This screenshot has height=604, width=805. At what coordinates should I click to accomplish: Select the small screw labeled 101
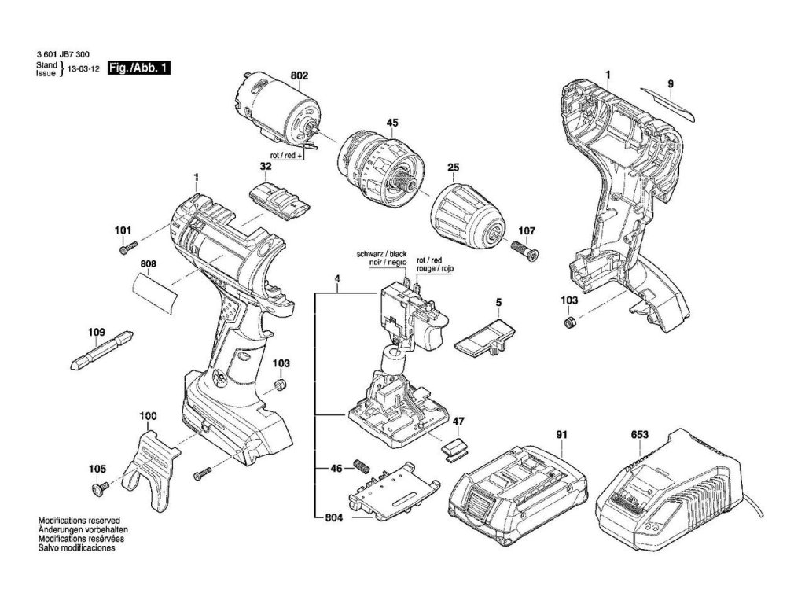[126, 249]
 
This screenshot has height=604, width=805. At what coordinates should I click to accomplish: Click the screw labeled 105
[99, 490]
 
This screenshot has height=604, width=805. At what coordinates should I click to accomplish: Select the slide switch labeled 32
[279, 200]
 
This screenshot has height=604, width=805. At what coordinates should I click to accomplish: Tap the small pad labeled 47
[454, 449]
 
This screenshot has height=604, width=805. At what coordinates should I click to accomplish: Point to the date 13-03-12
[83, 69]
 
